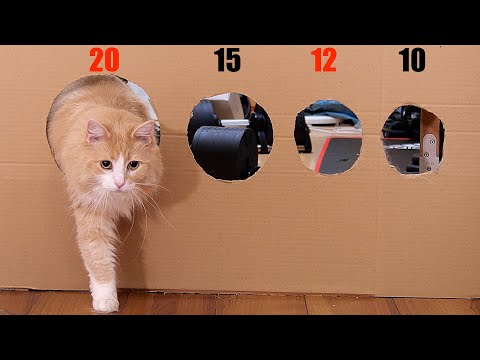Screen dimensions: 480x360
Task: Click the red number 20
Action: pyautogui.click(x=104, y=60)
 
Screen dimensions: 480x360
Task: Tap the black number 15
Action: pyautogui.click(x=227, y=60)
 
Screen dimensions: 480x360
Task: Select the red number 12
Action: pyautogui.click(x=324, y=60)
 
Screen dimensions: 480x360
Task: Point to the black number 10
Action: pyautogui.click(x=412, y=60)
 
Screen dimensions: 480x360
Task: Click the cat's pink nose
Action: pyautogui.click(x=119, y=183)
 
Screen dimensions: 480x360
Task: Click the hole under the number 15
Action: pyautogui.click(x=230, y=137)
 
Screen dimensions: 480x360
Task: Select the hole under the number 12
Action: pyautogui.click(x=328, y=137)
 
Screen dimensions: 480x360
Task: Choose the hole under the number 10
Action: pyautogui.click(x=413, y=140)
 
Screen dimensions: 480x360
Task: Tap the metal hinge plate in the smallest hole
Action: pyautogui.click(x=430, y=153)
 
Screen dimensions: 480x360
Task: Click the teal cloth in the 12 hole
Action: pyautogui.click(x=333, y=109)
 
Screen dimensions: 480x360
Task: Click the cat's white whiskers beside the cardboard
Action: pyautogui.click(x=152, y=203)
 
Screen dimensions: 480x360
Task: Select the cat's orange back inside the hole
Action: pyautogui.click(x=97, y=100)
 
